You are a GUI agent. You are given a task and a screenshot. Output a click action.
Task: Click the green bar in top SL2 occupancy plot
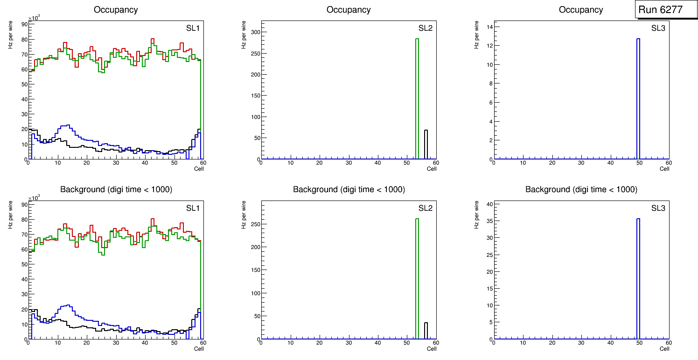point(417,99)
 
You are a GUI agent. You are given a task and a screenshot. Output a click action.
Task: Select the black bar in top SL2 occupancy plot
point(426,145)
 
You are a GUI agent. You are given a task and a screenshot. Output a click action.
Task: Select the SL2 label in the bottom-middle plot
point(425,208)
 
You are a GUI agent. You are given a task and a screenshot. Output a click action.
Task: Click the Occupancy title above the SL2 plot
point(349,10)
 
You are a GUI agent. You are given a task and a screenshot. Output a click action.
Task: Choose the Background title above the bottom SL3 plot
point(581,189)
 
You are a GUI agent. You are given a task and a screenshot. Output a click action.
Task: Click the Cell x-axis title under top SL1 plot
point(199,169)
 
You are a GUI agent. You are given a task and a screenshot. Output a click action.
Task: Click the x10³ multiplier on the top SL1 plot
point(34,18)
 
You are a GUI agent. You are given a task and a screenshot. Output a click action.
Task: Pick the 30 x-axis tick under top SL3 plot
point(581,163)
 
